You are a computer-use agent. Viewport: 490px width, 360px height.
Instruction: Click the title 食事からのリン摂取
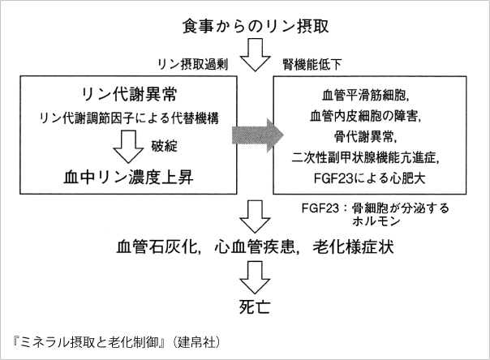[256, 26]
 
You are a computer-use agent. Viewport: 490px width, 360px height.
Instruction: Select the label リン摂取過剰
[193, 64]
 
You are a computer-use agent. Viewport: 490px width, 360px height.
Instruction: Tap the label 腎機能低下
[312, 65]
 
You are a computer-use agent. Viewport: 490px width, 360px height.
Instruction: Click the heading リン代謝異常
[129, 94]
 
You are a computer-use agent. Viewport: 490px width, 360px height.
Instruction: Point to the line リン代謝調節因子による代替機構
[129, 118]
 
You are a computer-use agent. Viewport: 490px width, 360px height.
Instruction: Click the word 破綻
[164, 146]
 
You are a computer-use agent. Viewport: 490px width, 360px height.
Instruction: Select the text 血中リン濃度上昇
[128, 178]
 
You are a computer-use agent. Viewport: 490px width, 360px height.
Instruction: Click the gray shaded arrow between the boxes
[257, 135]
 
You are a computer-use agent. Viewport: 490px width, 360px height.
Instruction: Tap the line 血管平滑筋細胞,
[365, 96]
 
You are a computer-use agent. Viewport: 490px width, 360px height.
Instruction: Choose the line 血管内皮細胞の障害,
[365, 116]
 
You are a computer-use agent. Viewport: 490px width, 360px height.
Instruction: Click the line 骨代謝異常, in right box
[365, 137]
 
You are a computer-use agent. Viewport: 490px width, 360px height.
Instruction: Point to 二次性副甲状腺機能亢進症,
[365, 157]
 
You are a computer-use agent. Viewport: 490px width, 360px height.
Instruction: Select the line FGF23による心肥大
[369, 178]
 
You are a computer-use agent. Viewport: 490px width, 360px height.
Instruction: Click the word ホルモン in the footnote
[376, 221]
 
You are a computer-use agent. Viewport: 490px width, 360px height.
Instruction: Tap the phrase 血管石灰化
[157, 246]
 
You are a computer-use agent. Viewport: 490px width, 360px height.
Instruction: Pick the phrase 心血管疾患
[255, 246]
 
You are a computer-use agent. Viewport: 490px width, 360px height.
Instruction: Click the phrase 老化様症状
[353, 246]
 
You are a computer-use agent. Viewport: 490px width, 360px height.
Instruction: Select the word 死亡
[255, 306]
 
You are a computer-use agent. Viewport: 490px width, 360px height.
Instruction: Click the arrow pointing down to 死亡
[255, 277]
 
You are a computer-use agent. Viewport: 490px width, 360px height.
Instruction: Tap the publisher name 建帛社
[196, 343]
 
